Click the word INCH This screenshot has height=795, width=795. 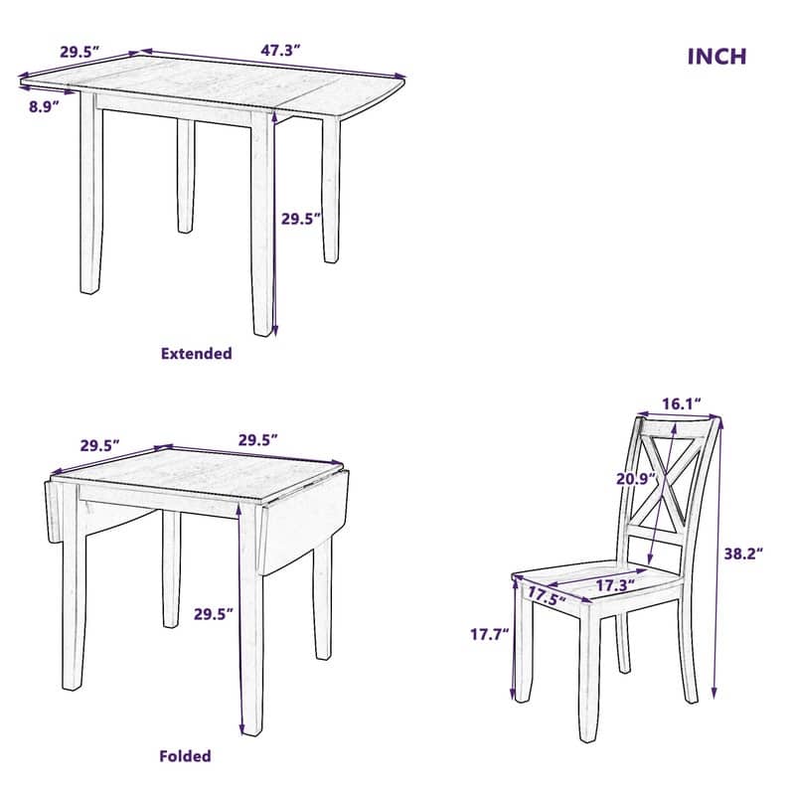coord(716,57)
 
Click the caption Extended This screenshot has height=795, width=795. coord(197,353)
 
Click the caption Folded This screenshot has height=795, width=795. coord(186,756)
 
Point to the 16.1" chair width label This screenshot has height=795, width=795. coord(682,403)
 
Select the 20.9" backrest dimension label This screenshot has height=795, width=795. coord(635,478)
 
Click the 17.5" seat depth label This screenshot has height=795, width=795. coord(547,595)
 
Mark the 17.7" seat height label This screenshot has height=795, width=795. coord(489,632)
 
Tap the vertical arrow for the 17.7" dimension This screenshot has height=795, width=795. coord(514,641)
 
